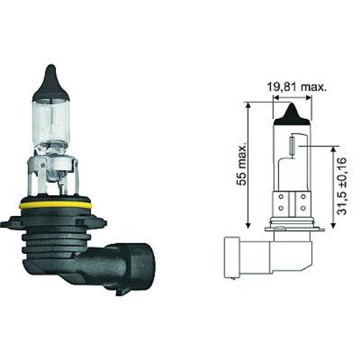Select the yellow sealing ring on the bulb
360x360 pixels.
pyautogui.click(x=55, y=203)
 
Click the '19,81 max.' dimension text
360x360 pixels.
pyautogui.click(x=295, y=87)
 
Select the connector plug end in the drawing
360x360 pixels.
pyautogui.click(x=230, y=257)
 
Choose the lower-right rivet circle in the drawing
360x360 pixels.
pyautogui.click(x=301, y=207)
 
